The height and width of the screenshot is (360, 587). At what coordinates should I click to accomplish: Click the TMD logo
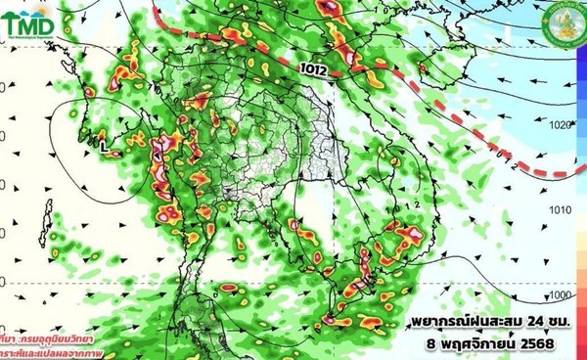click(x=30, y=22)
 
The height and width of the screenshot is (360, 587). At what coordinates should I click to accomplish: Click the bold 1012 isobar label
click(x=315, y=67)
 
